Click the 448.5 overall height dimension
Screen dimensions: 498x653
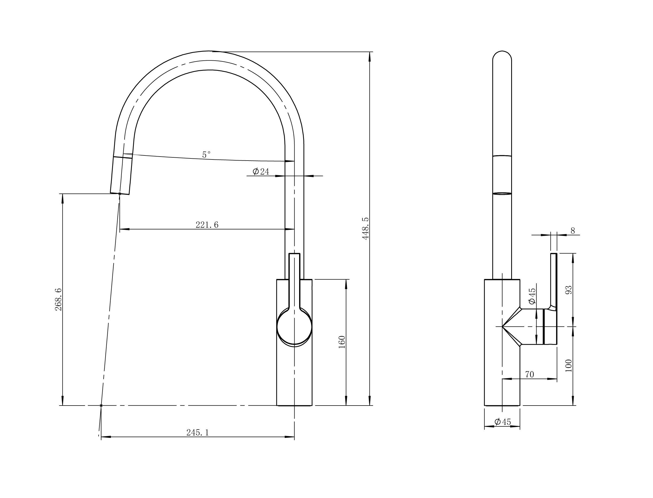coord(365,228)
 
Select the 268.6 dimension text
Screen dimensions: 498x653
coord(58,299)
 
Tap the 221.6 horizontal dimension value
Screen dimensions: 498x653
coord(207,225)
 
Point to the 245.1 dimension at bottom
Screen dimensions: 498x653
coord(198,433)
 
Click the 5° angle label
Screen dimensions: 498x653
coord(206,155)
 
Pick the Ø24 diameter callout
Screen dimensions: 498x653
coord(261,172)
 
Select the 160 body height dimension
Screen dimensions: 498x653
coord(342,342)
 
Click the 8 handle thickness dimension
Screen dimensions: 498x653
coord(572,231)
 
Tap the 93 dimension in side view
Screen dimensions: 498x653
coord(569,290)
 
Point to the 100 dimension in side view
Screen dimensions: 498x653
coord(569,365)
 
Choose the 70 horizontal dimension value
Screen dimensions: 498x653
coord(529,375)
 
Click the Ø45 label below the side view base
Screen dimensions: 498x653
coord(503,422)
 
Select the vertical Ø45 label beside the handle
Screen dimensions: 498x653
coord(532,296)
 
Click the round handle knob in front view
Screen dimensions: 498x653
coord(294,327)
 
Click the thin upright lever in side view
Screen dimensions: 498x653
coord(553,279)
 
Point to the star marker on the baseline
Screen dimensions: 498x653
coord(101,406)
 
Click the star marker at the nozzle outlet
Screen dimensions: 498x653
coord(119,194)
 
